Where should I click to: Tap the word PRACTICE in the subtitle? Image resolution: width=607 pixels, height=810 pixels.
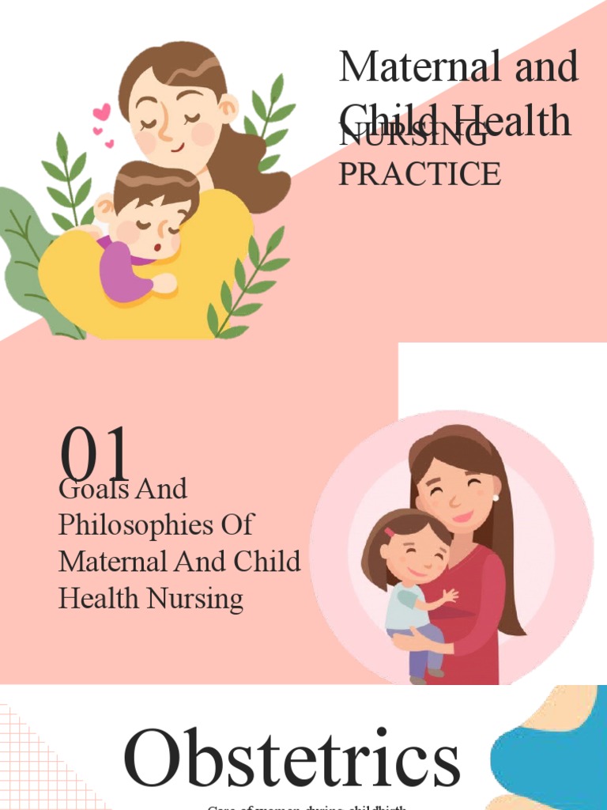point(419,174)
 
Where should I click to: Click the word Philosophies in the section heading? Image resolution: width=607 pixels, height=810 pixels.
point(156,525)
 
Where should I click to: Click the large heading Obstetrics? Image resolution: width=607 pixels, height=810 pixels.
point(292,759)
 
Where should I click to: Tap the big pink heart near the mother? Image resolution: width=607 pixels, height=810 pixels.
point(101,112)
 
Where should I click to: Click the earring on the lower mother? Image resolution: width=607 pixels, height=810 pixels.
point(496,498)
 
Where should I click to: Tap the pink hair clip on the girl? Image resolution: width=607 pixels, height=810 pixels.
point(390,532)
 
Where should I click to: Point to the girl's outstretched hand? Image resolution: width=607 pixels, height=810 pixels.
point(451,595)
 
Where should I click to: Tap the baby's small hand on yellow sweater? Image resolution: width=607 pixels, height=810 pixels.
point(164,282)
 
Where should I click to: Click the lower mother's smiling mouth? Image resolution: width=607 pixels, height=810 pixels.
point(462,517)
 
